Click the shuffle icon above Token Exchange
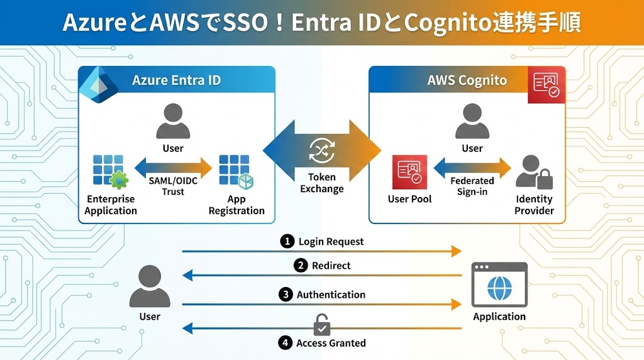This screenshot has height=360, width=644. coord(321,151)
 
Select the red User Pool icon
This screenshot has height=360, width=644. coord(409,172)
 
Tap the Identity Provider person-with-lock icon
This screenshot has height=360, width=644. coord(534,172)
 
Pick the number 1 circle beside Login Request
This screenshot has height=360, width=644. coord(287,241)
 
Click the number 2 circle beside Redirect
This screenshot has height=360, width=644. coord(301,266)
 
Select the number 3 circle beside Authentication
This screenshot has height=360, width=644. coord(286,295)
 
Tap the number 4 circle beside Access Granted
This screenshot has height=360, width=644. coord(286,343)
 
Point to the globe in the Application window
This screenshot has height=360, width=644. coord(499,289)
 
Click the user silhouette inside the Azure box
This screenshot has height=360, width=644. coord(173,121)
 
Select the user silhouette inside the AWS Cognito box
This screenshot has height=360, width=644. coord(472,121)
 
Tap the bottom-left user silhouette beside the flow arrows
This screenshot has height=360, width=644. coord(149,286)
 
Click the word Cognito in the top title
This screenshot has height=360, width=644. coord(448,23)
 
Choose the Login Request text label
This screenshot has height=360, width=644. coord(331,242)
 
